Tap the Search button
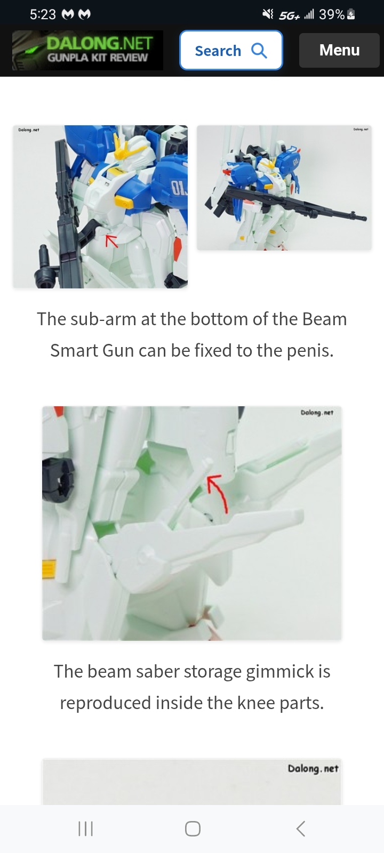coord(231,50)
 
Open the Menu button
coord(339,50)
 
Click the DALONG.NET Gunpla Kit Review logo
coord(87,50)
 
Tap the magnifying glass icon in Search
coord(259,50)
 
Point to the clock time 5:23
coord(43,14)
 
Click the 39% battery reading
coord(332,14)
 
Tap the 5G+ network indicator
coord(290,15)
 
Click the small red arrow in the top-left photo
coord(111,240)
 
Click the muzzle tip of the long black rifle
coord(364,219)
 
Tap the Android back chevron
coord(301,828)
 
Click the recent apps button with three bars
coord(85,828)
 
